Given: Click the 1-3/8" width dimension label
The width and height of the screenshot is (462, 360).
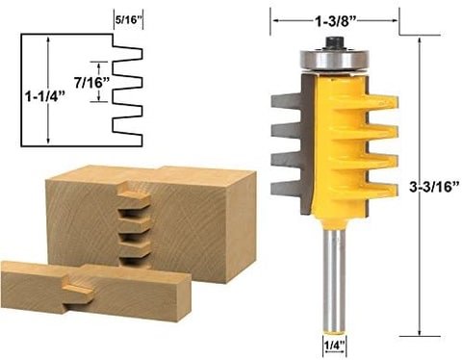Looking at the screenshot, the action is tap(336, 21).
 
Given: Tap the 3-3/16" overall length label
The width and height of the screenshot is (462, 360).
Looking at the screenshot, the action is tap(435, 187).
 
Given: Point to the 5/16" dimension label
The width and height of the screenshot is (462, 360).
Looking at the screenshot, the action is tap(128, 20).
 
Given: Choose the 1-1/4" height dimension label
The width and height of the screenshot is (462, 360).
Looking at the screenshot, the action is tap(45, 96).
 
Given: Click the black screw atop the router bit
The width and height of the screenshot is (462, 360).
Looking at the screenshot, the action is tap(334, 42).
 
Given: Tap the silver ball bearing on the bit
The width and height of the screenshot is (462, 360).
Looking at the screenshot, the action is tap(334, 60).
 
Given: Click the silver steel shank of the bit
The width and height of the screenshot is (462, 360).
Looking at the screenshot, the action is tap(334, 282).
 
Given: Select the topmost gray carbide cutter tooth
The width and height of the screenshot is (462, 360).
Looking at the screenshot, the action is tap(286, 100).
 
